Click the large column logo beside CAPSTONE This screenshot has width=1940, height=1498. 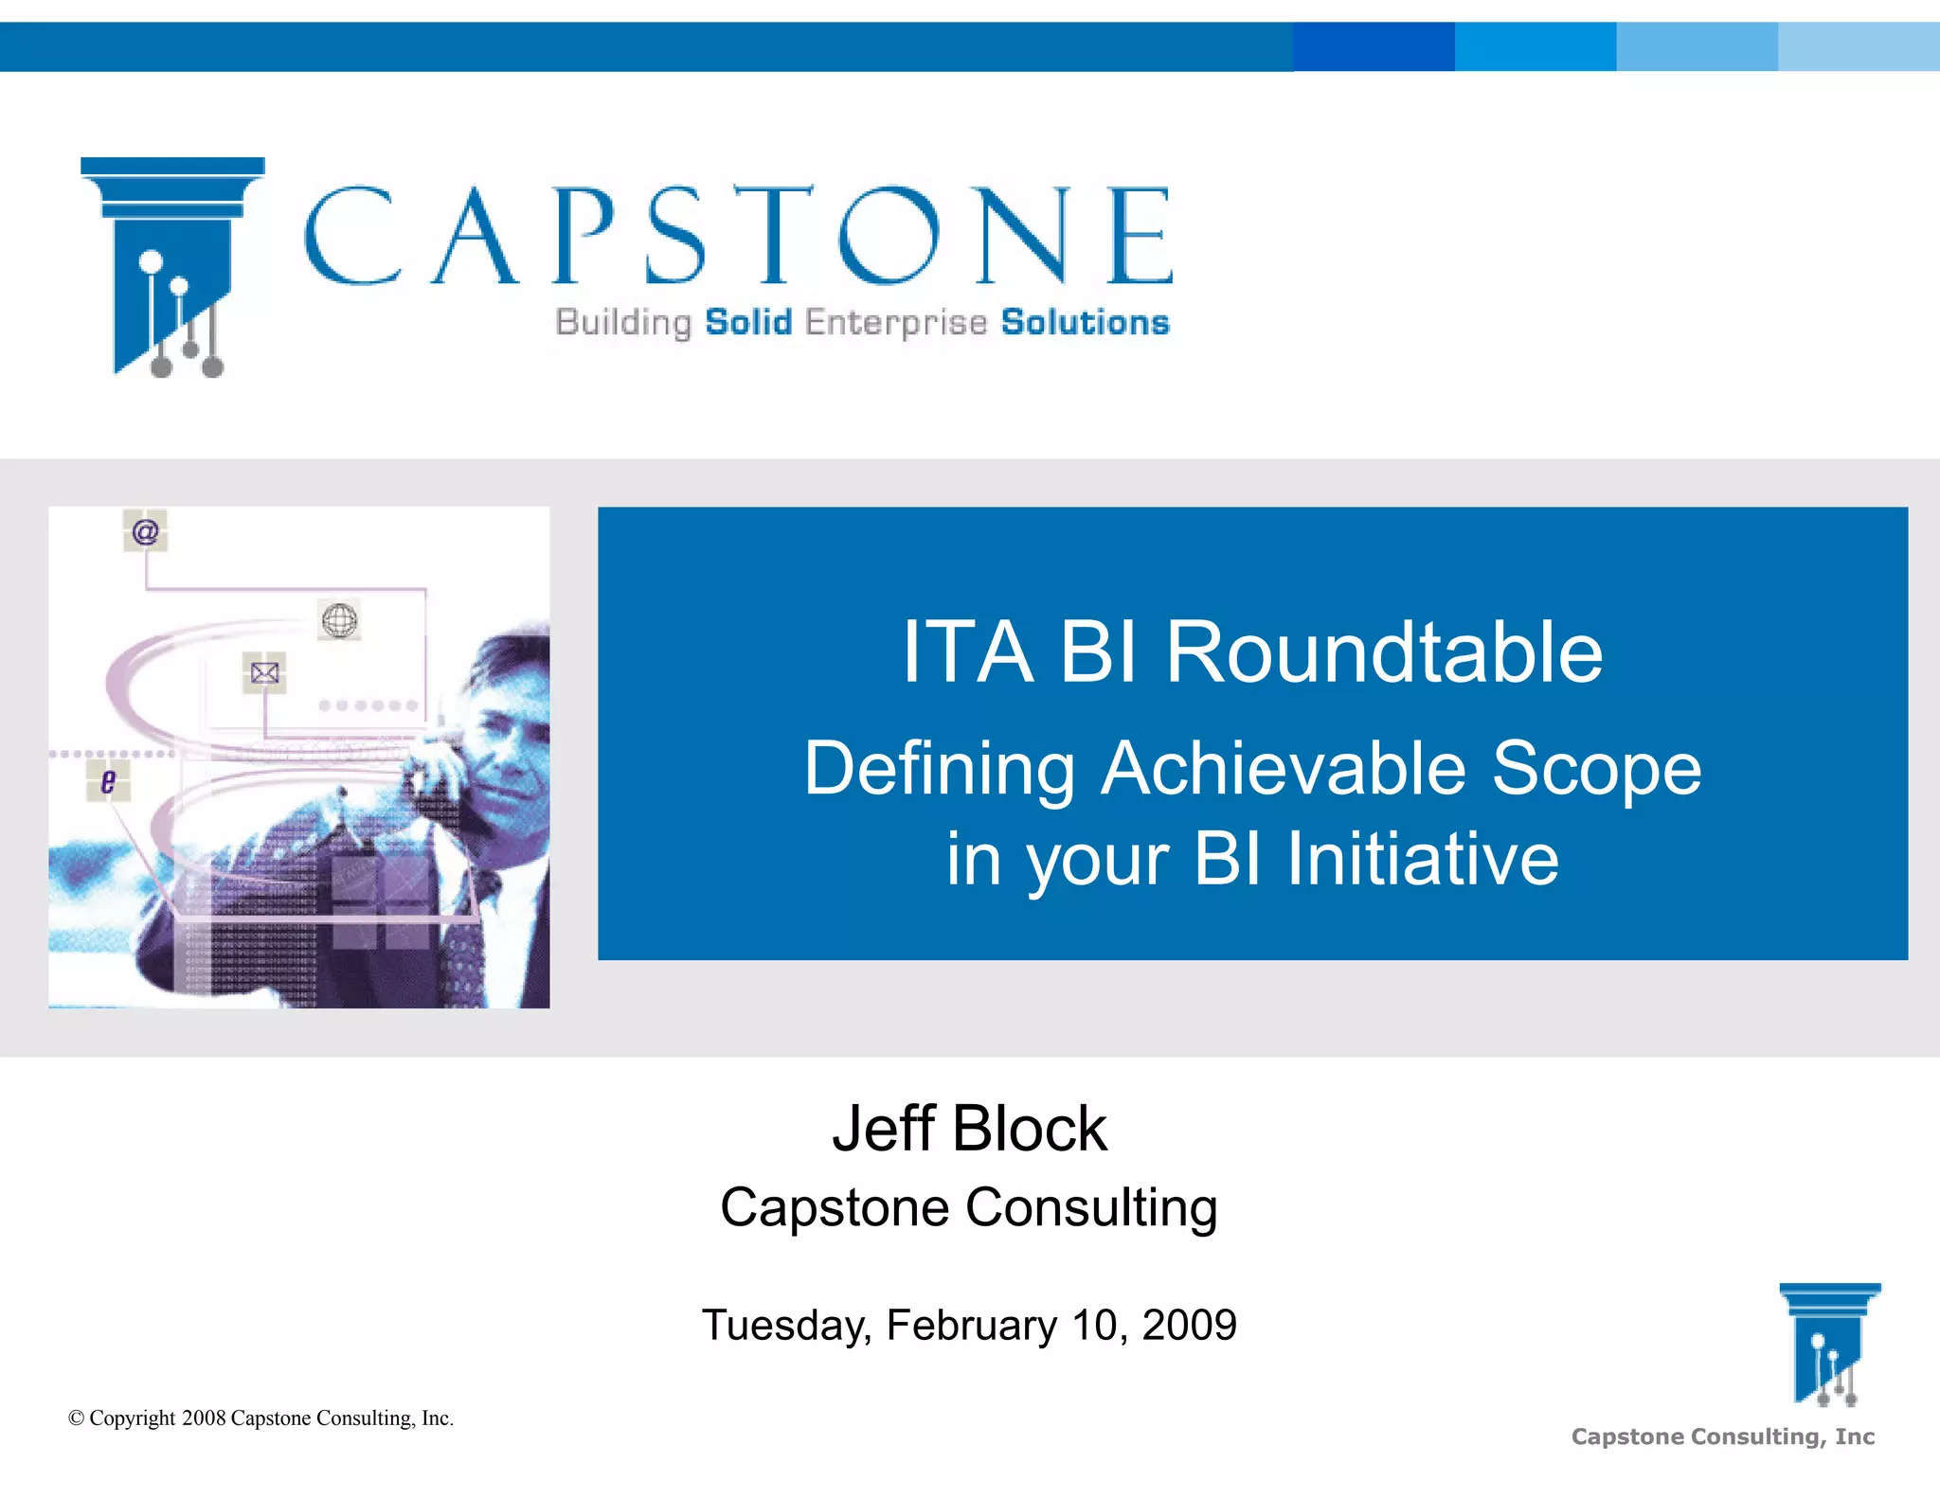tap(171, 265)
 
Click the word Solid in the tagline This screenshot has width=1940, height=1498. tap(748, 323)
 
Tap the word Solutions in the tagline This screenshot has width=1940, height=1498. tap(1085, 323)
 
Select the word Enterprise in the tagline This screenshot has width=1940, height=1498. tap(895, 323)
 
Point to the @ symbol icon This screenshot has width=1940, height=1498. tap(145, 531)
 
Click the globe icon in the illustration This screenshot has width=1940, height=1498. tap(339, 621)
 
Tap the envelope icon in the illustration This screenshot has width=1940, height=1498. tap(264, 673)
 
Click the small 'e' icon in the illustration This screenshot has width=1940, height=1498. tap(108, 781)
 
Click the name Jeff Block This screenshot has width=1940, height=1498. tap(969, 1129)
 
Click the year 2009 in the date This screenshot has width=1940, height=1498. tap(1189, 1325)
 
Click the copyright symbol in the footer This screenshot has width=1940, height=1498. tap(77, 1418)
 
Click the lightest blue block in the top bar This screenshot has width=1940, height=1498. tap(1859, 46)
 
